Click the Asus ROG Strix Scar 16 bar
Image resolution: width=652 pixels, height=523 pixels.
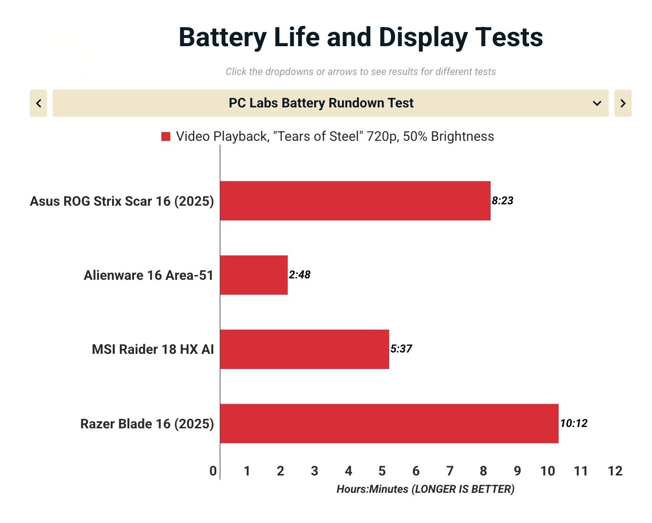355,201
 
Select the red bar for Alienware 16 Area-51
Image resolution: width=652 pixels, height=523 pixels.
254,275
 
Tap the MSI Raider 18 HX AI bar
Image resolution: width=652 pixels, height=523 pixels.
305,349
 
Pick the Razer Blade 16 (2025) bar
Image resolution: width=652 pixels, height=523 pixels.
389,423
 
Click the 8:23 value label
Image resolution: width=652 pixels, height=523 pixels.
502,201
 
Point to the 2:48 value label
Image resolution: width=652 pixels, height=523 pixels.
299,275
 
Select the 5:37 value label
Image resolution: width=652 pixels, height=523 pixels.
401,349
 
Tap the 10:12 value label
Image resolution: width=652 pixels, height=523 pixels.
574,423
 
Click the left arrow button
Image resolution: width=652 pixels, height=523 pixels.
38,103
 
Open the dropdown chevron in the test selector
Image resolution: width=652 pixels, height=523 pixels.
597,103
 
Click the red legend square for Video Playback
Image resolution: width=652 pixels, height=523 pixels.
166,137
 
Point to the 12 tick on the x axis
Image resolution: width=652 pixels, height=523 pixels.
615,471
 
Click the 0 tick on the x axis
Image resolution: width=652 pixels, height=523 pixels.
213,471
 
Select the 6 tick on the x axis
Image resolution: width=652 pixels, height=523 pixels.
416,471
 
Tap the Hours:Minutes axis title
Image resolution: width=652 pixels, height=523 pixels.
425,489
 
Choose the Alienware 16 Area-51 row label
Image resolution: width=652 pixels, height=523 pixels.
149,275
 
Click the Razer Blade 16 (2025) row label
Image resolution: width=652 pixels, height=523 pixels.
147,424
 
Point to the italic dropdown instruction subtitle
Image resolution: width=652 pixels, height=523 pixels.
360,72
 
